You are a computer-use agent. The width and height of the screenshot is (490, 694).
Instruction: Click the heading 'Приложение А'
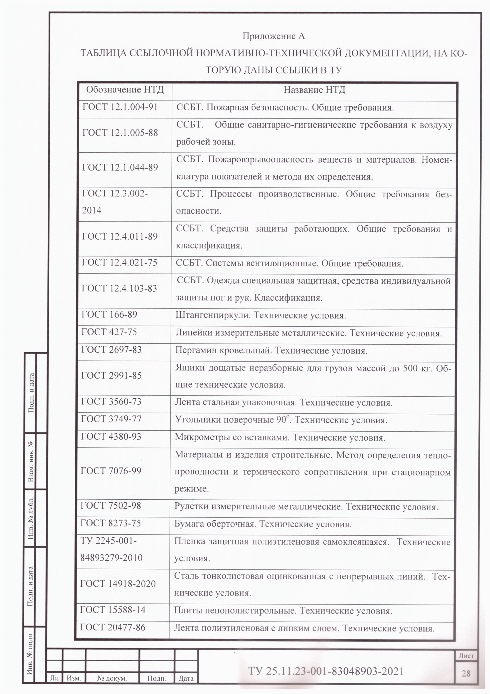click(x=273, y=37)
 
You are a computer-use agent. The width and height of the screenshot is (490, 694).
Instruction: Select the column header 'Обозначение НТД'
click(x=125, y=90)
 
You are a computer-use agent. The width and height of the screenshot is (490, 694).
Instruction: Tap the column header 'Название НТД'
click(x=314, y=90)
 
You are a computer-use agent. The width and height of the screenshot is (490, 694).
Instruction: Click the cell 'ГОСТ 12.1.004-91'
click(x=120, y=107)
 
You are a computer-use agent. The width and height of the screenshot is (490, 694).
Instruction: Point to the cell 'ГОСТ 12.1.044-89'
click(x=120, y=168)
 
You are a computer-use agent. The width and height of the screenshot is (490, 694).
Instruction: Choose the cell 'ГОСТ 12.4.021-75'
click(x=120, y=262)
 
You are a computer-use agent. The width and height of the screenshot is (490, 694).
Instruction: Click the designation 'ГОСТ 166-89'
click(x=109, y=315)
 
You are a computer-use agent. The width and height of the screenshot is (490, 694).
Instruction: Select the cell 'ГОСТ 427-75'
click(x=109, y=332)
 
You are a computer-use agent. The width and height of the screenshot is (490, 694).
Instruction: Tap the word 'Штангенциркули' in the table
click(x=213, y=316)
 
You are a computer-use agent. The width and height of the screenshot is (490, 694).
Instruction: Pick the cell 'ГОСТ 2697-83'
click(x=112, y=350)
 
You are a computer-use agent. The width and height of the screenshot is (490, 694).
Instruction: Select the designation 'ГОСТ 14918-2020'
click(x=118, y=584)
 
